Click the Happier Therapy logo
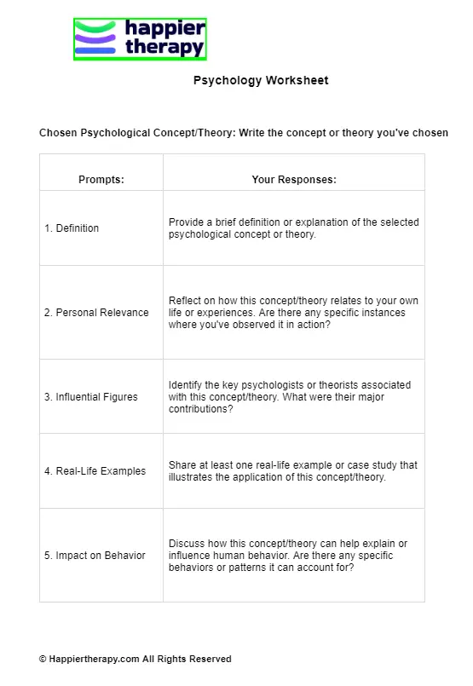coord(141,39)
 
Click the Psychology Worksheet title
coord(261,81)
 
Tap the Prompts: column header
coord(101,180)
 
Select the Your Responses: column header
coord(294,180)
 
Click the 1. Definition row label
coord(72,228)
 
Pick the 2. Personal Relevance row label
coord(96,313)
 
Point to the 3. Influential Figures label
coord(91,397)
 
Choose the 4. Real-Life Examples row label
coord(95,471)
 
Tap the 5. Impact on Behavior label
coord(95,556)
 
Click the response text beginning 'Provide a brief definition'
coord(294,228)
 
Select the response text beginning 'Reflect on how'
coord(294,313)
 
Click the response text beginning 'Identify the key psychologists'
coord(290,397)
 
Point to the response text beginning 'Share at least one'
coord(293,471)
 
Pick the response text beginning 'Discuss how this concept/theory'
coord(288,556)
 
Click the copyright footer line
coord(135,659)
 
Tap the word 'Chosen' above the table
coord(58,133)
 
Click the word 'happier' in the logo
coord(165,29)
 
